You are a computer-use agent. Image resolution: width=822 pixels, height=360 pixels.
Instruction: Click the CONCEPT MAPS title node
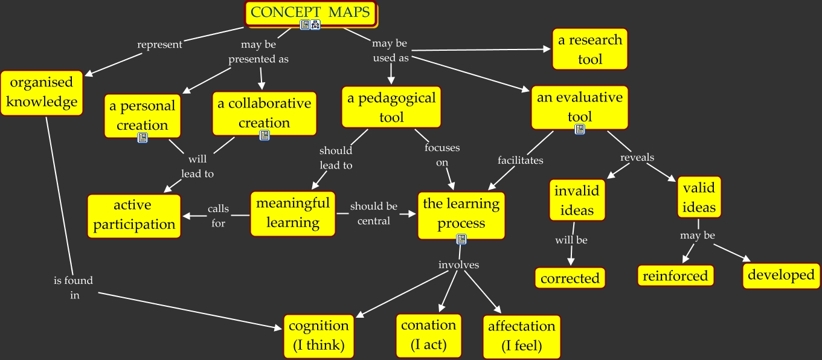click(310, 13)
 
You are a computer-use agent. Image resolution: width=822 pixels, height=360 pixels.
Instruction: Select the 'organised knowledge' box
click(42, 92)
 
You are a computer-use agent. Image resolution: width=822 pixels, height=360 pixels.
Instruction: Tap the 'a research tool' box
click(589, 50)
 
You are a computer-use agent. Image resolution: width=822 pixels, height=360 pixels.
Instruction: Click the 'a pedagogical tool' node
click(391, 107)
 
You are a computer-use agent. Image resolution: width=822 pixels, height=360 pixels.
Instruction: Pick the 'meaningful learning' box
click(293, 213)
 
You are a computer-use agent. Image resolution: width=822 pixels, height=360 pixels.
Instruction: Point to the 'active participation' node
click(134, 216)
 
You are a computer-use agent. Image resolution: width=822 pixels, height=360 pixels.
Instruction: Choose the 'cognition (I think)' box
click(318, 336)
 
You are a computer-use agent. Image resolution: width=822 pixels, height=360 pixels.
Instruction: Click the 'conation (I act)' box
click(428, 335)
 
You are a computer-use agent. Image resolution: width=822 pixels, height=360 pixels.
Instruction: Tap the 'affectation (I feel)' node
click(521, 336)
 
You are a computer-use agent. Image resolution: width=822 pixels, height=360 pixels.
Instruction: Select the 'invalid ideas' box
click(577, 201)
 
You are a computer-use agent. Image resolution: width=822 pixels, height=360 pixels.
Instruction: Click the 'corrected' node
click(570, 278)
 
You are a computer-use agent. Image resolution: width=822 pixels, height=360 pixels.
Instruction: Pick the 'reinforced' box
click(675, 276)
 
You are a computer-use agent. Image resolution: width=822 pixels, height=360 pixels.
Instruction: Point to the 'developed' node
click(781, 275)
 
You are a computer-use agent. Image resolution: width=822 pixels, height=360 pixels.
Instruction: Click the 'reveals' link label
click(637, 158)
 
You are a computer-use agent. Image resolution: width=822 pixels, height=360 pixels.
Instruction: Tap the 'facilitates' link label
click(520, 161)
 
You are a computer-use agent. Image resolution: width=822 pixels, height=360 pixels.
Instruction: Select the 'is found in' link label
click(73, 288)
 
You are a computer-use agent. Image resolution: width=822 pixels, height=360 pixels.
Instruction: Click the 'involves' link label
click(458, 265)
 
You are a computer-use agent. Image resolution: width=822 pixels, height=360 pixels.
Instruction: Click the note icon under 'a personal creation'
click(143, 138)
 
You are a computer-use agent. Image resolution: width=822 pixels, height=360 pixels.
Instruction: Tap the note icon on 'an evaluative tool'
click(580, 129)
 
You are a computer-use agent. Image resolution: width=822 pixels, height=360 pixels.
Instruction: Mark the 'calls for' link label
click(218, 216)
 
